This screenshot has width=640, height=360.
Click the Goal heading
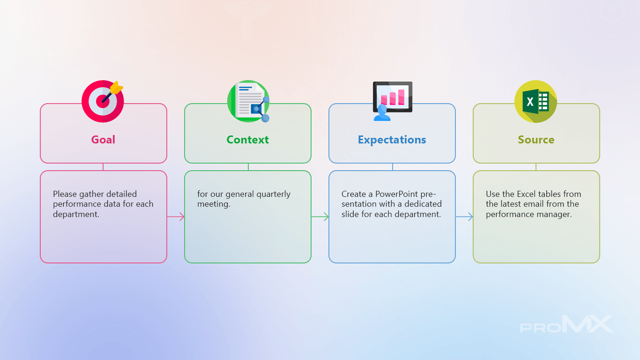coord(103,140)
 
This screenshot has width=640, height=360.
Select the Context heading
coord(247,140)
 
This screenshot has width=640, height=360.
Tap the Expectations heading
coord(392,140)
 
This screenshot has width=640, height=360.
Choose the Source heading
coord(536,140)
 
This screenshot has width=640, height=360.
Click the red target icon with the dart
coord(103,101)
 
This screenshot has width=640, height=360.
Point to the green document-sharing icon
coord(248,101)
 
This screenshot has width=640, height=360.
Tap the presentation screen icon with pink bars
coord(393,100)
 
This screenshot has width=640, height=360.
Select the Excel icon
coord(536,101)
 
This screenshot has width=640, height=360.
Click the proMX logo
coord(566,324)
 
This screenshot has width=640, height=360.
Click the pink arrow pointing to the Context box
coord(176,217)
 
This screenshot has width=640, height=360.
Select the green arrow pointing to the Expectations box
coord(320,217)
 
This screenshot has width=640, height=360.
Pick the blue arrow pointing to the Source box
coord(464,217)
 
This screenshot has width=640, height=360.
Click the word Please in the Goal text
coord(65,194)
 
